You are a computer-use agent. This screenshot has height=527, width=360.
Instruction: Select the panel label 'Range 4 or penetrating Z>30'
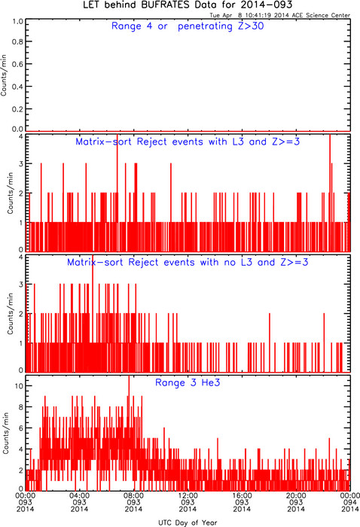pyautogui.click(x=188, y=26)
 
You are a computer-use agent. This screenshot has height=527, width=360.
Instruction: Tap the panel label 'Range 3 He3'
pyautogui.click(x=188, y=382)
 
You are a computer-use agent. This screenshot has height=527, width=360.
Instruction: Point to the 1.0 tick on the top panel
pyautogui.click(x=17, y=22)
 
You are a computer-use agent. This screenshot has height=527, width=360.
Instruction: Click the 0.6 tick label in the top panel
pyautogui.click(x=17, y=64)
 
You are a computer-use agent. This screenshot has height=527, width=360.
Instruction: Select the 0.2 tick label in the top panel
pyautogui.click(x=17, y=109)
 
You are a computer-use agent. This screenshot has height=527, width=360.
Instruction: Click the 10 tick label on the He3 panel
pyautogui.click(x=19, y=385)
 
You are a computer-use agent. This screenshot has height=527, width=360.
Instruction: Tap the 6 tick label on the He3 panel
pyautogui.click(x=21, y=428)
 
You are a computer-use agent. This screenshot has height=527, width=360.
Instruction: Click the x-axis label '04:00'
pyautogui.click(x=79, y=495)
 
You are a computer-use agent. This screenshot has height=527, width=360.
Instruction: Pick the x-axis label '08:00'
pyautogui.click(x=133, y=495)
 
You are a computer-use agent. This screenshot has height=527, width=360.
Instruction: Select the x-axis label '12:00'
pyautogui.click(x=188, y=495)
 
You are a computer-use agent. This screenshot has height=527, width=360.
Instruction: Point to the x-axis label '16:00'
pyautogui.click(x=242, y=495)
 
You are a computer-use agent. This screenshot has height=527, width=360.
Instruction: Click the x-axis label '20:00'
pyautogui.click(x=296, y=495)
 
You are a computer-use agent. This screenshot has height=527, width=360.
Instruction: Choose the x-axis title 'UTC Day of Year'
pyautogui.click(x=188, y=522)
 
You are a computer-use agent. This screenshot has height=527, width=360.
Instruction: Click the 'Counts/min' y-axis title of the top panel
pyautogui.click(x=4, y=75)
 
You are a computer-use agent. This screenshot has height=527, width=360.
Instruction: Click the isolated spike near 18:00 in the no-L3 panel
pyautogui.click(x=269, y=343)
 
